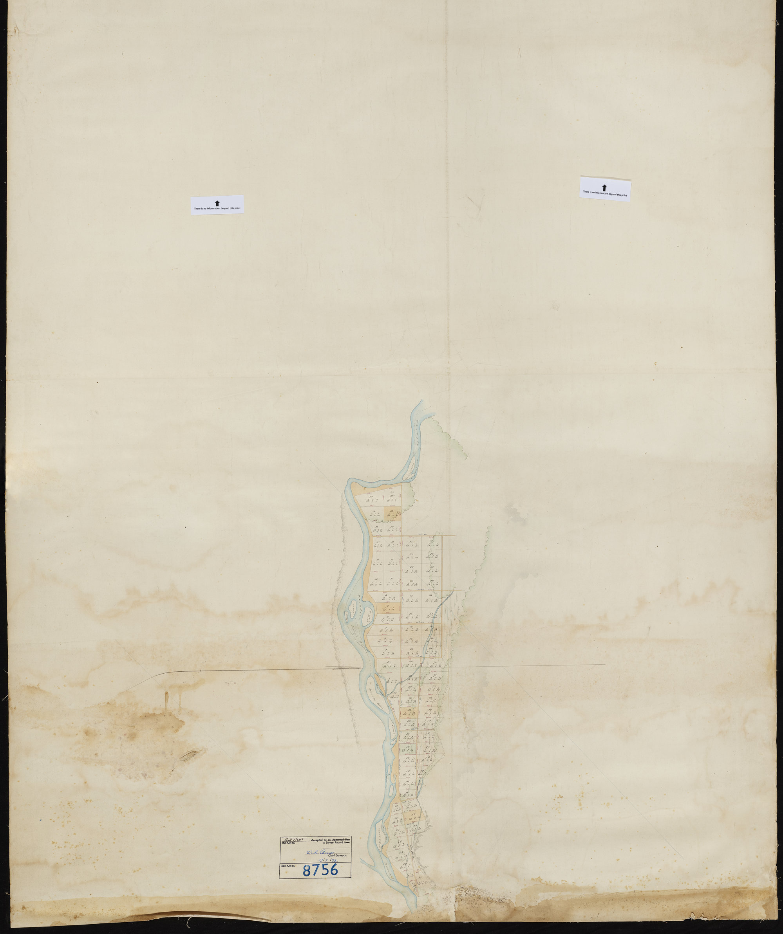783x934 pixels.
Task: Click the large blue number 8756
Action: click(x=320, y=869)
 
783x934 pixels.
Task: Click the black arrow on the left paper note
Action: click(x=217, y=203)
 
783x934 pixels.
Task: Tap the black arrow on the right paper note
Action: click(x=604, y=188)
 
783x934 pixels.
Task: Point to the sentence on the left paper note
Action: click(x=217, y=209)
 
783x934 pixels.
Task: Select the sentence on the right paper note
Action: click(x=605, y=193)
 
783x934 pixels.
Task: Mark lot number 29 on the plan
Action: click(x=373, y=512)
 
